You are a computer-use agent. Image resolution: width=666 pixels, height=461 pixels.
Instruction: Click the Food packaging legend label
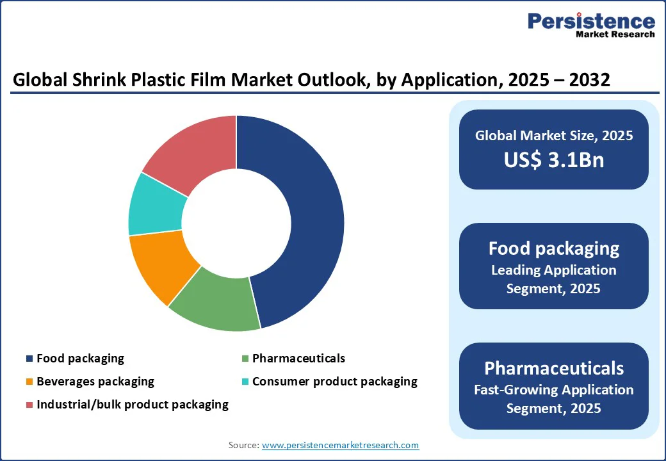[x=80, y=359]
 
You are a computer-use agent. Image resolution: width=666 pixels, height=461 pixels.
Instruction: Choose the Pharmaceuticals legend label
[x=298, y=359]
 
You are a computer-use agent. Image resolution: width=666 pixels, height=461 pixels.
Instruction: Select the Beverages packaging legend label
[x=95, y=381]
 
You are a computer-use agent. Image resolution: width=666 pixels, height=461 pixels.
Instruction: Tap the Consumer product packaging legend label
[x=335, y=381]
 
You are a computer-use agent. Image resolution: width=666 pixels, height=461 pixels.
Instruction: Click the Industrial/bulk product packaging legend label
[x=133, y=404]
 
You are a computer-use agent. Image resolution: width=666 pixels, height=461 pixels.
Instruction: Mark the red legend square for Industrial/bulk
[x=29, y=405]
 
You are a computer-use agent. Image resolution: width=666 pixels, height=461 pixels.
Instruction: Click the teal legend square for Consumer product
[x=245, y=382]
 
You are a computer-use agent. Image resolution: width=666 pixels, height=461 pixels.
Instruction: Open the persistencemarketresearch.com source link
[x=340, y=445]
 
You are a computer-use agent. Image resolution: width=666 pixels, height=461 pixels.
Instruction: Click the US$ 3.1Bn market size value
[x=554, y=159]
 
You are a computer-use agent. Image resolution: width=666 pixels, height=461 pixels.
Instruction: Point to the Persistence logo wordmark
[x=592, y=20]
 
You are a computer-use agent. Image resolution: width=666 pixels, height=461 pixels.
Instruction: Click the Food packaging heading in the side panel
[x=554, y=248]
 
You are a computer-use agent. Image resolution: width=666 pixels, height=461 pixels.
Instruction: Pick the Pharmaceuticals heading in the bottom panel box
[x=554, y=368]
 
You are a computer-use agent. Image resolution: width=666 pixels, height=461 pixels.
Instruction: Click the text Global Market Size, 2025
[x=554, y=135]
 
